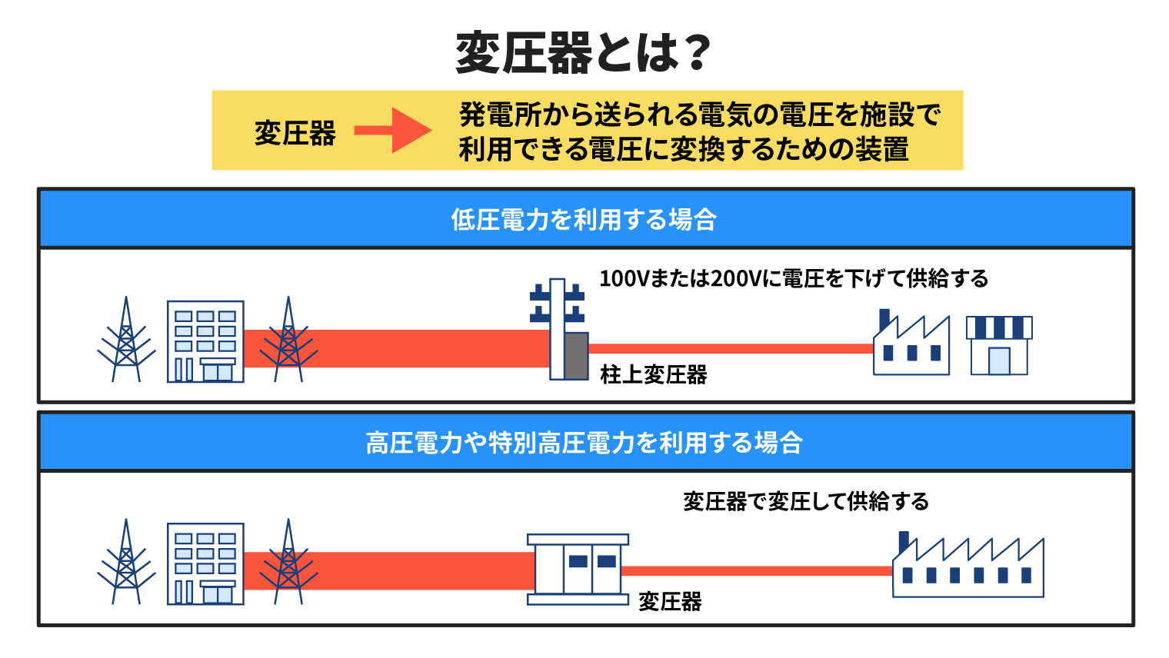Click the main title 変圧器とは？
pos(584,52)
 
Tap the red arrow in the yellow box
pos(393,131)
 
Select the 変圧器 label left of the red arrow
pos(295,133)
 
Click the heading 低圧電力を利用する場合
pos(584,219)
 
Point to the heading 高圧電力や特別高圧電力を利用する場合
pos(584,443)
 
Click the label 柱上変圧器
pos(654,374)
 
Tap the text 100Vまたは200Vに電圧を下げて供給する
pos(794,278)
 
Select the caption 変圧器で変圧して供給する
pos(806,501)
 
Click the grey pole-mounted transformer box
pos(576,356)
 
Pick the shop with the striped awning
pos(999,345)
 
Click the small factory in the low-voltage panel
pos(911,342)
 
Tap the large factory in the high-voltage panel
pos(968,564)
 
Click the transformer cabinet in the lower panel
pos(578,570)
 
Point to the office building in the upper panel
pos(205,341)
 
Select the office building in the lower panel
pos(205,563)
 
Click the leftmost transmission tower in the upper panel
pos(126,339)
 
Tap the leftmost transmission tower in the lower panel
pos(126,561)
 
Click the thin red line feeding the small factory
pos(731,348)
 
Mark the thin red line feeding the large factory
pos(757,571)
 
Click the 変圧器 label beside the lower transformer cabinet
pos(670,602)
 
